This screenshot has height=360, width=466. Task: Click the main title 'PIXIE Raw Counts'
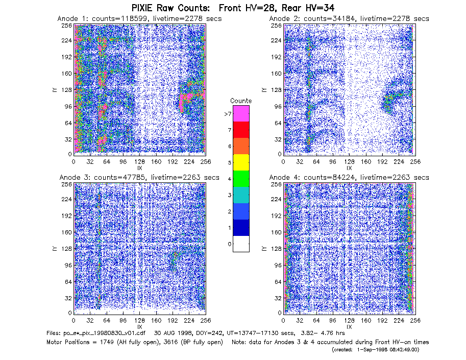pos(171,8)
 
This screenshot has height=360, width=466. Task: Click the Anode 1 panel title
pos(139,18)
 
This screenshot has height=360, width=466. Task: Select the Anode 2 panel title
pos(349,18)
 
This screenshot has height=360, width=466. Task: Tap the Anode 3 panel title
pos(139,177)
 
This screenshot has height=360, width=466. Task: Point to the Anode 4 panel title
pos(349,177)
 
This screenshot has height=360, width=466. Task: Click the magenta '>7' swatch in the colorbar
pos(241,113)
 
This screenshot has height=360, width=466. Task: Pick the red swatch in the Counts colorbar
pos(241,130)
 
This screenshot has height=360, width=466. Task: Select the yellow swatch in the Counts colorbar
pos(241,162)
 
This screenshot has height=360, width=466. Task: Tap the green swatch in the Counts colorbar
pos(241,179)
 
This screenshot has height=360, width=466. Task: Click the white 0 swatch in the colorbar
pos(241,244)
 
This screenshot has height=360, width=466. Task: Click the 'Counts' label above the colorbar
pos(241,101)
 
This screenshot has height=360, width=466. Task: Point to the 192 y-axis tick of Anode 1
pos(66,57)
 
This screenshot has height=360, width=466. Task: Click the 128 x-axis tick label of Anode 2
pos(349,162)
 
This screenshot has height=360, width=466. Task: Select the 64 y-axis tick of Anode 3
pos(68,281)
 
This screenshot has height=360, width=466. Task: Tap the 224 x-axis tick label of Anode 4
pos(399,321)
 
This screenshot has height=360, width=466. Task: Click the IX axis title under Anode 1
pos(140,168)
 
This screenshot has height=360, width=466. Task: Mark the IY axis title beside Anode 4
pos(264,249)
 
